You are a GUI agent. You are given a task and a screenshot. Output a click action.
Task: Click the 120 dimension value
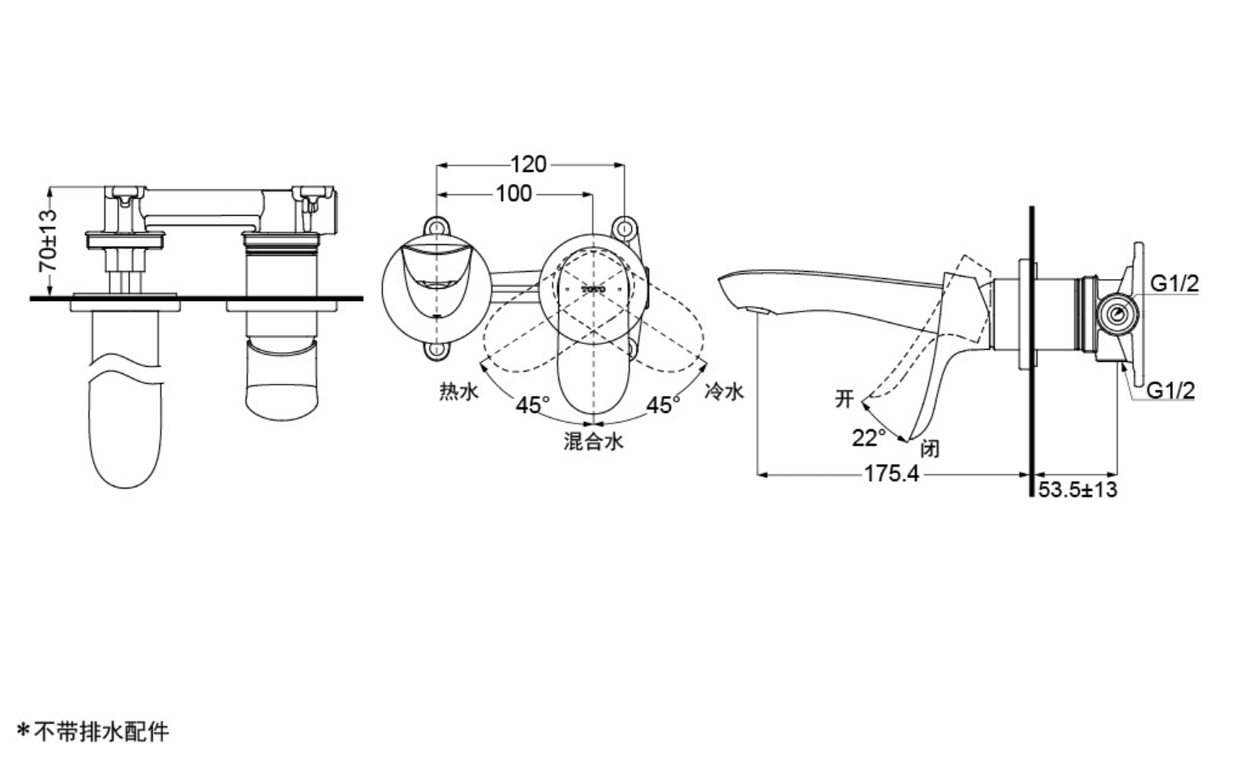(x=528, y=164)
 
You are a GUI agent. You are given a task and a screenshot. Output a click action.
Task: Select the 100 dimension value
(x=514, y=194)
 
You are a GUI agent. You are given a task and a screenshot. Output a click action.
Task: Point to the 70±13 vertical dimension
(x=48, y=240)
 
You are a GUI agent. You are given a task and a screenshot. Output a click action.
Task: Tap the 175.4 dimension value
(x=892, y=474)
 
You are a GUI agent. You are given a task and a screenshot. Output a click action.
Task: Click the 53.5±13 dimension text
(x=1077, y=490)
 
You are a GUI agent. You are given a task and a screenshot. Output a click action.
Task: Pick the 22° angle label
(x=868, y=437)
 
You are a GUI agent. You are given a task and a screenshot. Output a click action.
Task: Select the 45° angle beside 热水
(x=532, y=405)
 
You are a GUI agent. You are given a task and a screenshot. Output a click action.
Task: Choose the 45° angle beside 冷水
(x=663, y=405)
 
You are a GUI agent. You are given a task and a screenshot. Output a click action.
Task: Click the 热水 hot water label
(x=458, y=391)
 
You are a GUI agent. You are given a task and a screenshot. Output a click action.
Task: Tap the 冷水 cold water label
(x=724, y=391)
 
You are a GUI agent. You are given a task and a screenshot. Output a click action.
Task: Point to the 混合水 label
(x=593, y=441)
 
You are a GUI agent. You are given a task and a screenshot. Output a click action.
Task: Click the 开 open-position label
(x=844, y=399)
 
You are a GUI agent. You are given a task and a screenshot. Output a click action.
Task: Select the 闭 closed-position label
(x=930, y=448)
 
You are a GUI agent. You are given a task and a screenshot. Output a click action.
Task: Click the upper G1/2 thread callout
(x=1175, y=283)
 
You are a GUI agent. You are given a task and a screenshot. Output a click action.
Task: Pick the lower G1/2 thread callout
(x=1170, y=390)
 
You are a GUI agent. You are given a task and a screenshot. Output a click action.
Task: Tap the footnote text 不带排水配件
(x=101, y=733)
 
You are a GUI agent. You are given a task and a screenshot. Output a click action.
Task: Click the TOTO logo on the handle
(x=593, y=289)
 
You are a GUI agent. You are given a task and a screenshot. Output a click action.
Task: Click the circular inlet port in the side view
(x=1116, y=314)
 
